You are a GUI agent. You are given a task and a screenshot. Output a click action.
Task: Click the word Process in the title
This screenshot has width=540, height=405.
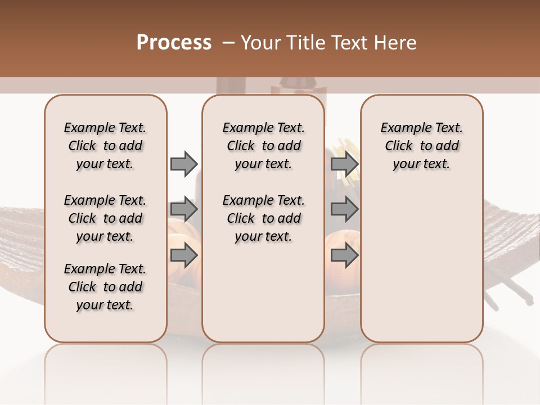(x=174, y=43)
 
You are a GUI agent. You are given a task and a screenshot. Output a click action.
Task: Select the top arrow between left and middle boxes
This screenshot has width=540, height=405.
(x=184, y=164)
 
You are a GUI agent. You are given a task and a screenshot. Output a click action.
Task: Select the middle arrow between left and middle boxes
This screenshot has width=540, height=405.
(x=184, y=210)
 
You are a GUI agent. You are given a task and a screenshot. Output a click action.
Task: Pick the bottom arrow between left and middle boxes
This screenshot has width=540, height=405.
(x=184, y=256)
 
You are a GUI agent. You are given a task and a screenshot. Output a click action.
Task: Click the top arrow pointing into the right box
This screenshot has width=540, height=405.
(x=344, y=164)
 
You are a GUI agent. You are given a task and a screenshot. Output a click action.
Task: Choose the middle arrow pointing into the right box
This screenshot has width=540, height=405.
(x=344, y=210)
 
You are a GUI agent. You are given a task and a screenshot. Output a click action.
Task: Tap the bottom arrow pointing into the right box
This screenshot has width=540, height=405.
(x=344, y=256)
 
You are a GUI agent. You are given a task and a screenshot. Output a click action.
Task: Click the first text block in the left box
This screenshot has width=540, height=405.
(x=105, y=146)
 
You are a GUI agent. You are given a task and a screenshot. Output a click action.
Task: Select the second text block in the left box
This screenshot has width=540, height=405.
(x=105, y=218)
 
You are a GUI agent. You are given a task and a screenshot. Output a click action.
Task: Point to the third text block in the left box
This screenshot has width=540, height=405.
(x=105, y=287)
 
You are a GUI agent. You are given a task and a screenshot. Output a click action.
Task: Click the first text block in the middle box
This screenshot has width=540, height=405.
(x=263, y=146)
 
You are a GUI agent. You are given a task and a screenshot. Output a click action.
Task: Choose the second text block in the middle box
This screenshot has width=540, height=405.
(x=263, y=218)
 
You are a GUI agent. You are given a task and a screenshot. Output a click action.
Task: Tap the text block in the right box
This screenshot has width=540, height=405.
(x=421, y=146)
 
